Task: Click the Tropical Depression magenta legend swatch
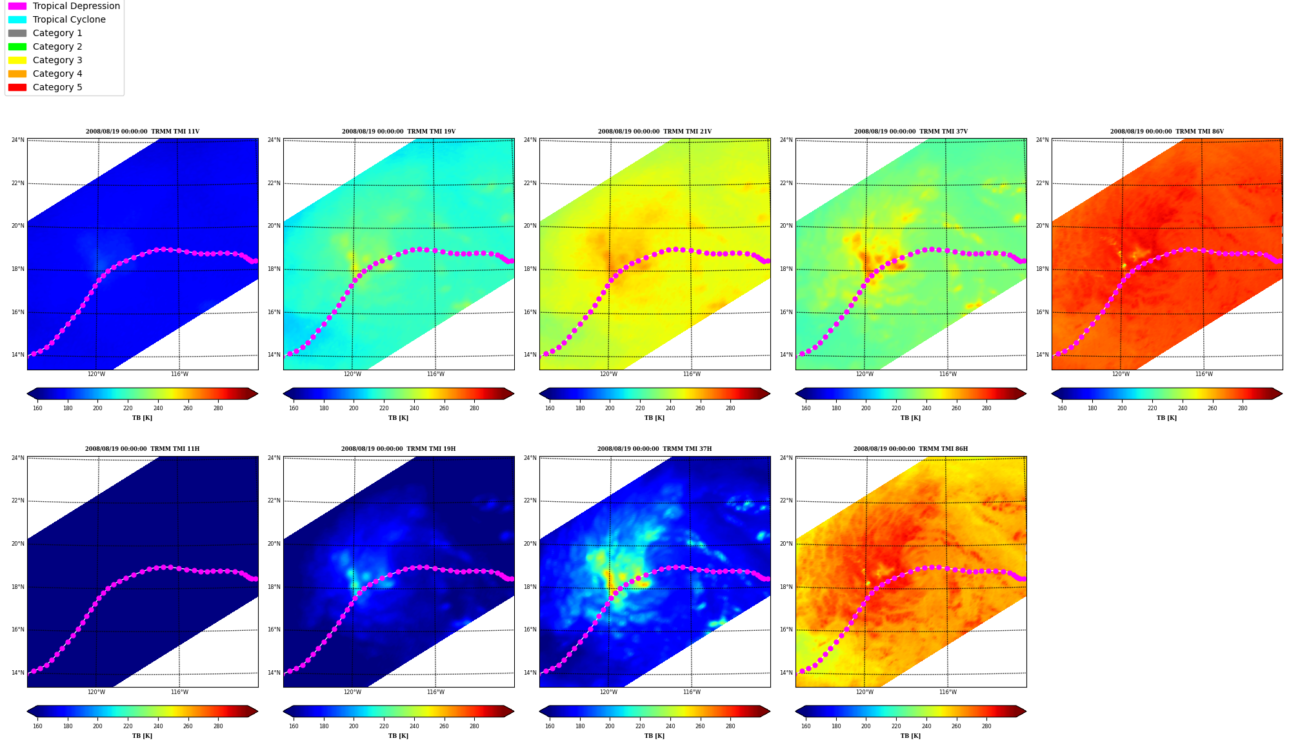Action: (x=17, y=6)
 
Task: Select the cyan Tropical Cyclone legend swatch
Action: (x=17, y=19)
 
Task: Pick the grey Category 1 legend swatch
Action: (x=17, y=33)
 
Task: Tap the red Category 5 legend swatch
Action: (x=17, y=87)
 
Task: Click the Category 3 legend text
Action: (x=57, y=60)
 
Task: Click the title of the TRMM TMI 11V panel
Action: (x=143, y=132)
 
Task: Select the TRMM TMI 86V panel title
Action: (x=1167, y=132)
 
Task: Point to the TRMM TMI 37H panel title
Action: (x=655, y=449)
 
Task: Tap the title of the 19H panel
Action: (x=399, y=449)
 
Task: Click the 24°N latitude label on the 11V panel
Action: (x=18, y=140)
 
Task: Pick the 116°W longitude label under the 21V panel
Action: (x=692, y=374)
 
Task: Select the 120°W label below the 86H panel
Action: (x=864, y=692)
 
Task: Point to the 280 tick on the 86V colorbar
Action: (x=1243, y=408)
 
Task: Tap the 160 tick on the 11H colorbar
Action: (x=37, y=726)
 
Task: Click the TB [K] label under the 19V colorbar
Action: (x=399, y=418)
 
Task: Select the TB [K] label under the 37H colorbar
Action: (x=655, y=736)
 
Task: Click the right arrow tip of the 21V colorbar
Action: (x=770, y=393)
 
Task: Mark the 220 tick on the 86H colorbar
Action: (x=896, y=726)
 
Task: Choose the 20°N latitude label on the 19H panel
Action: (x=274, y=544)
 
